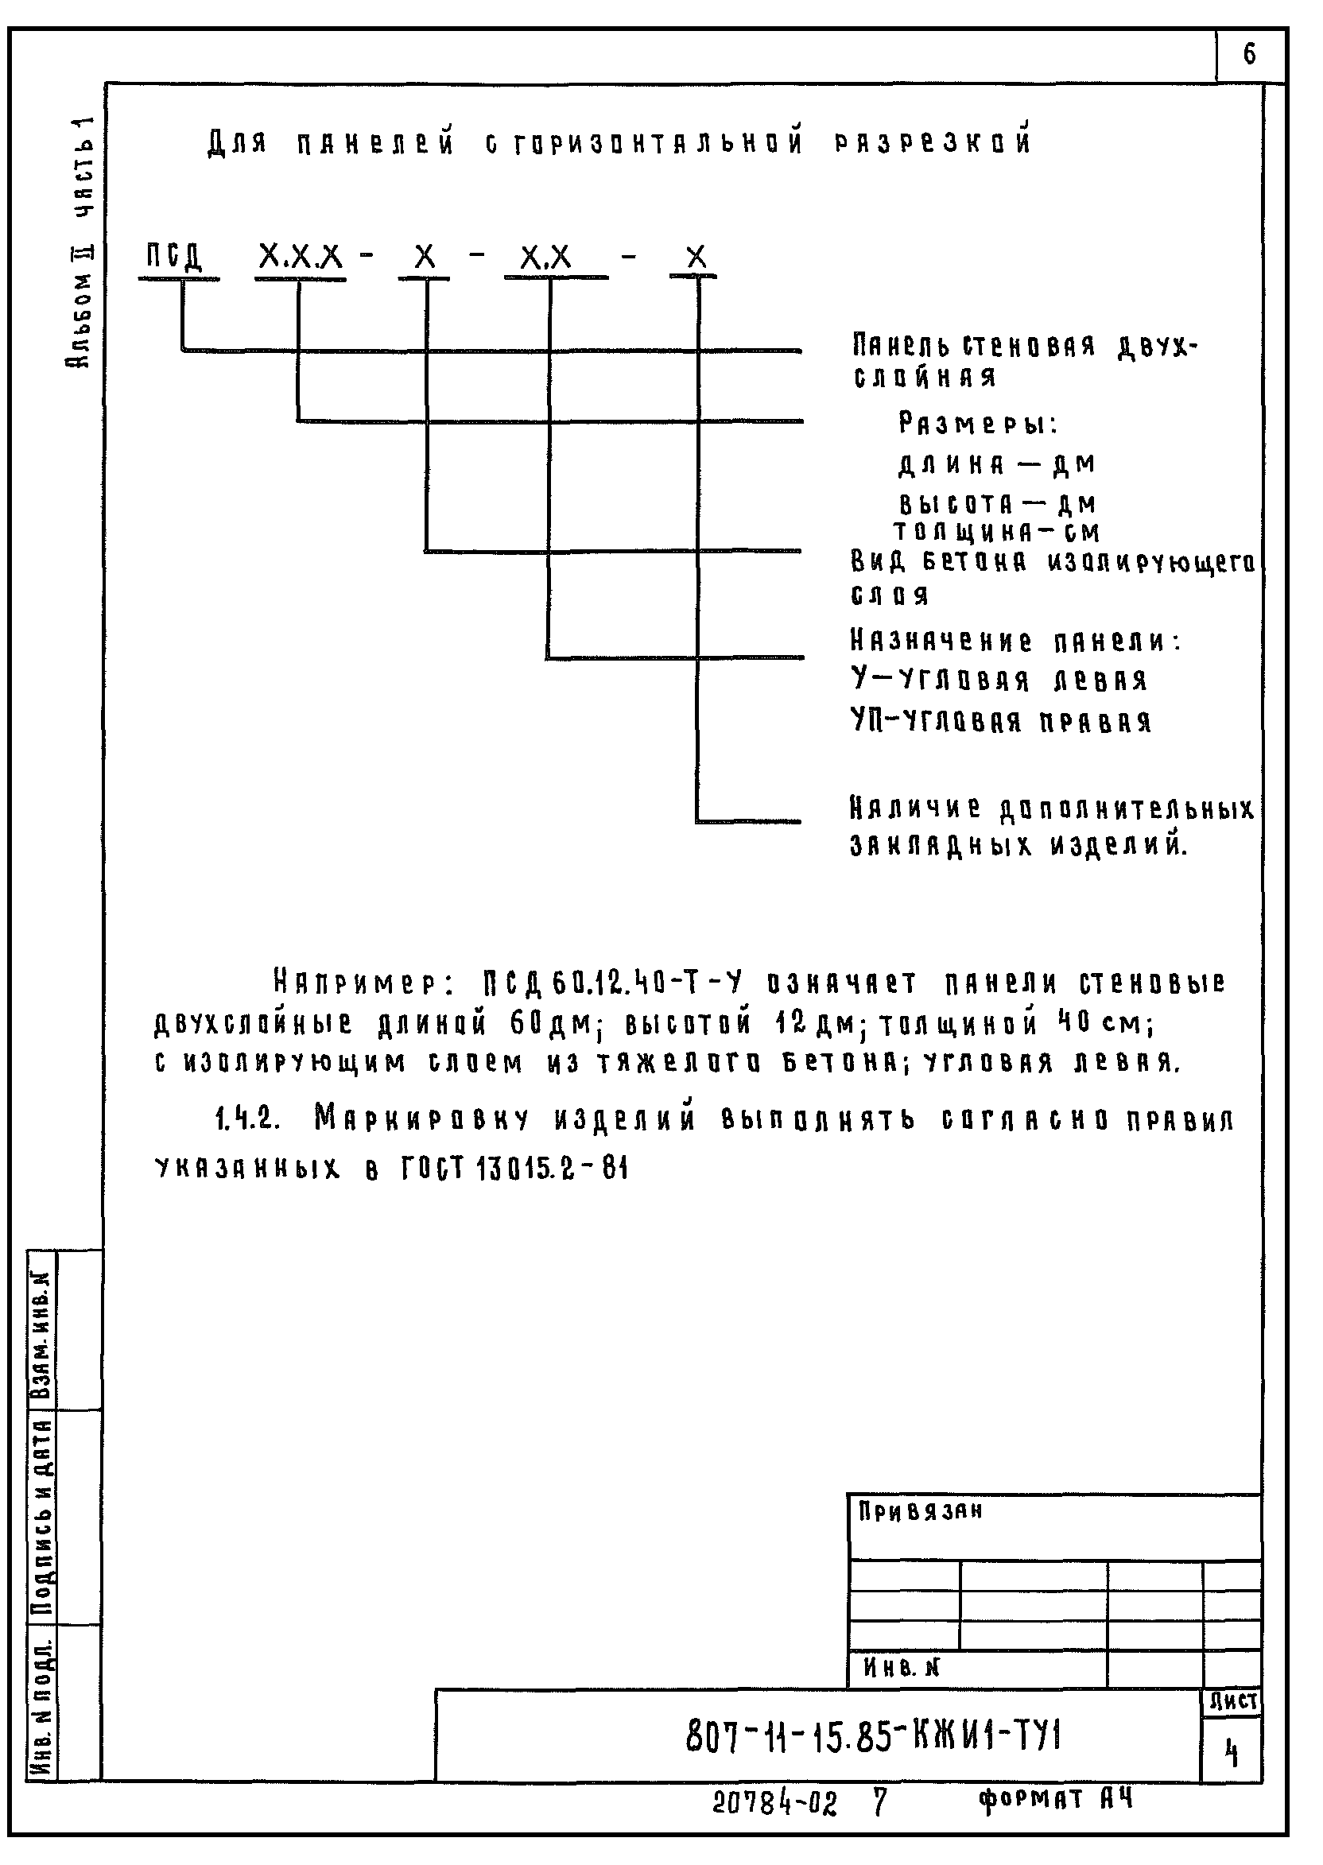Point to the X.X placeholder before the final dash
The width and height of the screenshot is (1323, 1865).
(x=547, y=258)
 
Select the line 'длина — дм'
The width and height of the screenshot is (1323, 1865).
(x=997, y=465)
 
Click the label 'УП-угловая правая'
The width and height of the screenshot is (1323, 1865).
(x=1001, y=722)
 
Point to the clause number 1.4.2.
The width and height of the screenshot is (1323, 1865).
(x=249, y=1122)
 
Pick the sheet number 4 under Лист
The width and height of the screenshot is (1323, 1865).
(x=1232, y=1754)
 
